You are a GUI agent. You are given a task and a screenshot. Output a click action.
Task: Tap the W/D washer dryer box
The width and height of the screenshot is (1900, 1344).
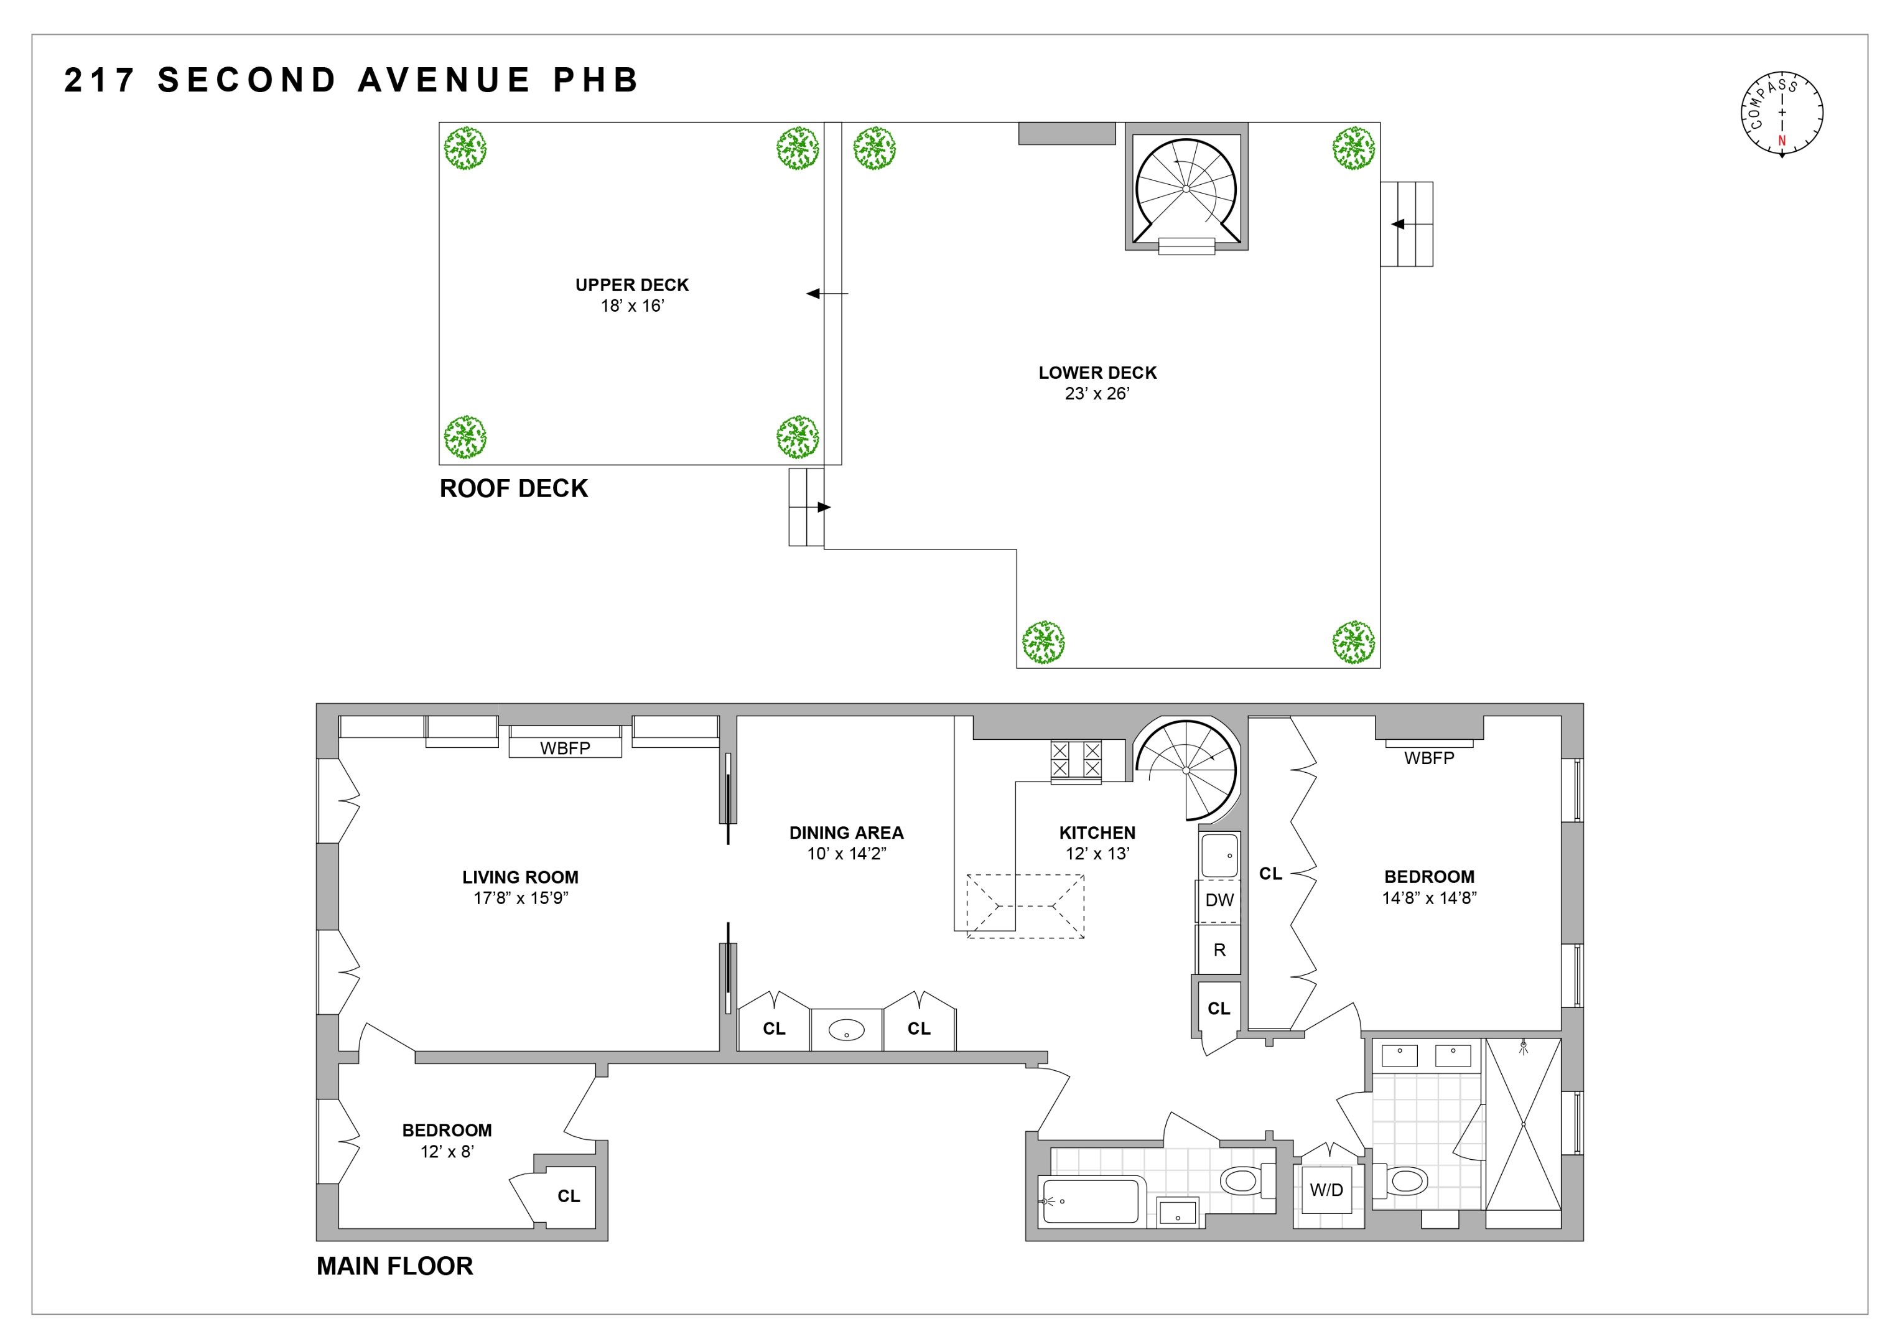(x=1326, y=1190)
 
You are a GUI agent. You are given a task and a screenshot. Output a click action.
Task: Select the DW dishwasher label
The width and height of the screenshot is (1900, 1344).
(x=1219, y=900)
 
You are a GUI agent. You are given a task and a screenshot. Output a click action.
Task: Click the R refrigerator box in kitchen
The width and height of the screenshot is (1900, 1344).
(x=1219, y=950)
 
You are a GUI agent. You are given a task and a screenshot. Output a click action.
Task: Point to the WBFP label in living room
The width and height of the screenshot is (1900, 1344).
(x=565, y=748)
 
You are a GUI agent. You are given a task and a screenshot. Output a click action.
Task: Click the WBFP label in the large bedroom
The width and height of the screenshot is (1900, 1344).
(x=1428, y=758)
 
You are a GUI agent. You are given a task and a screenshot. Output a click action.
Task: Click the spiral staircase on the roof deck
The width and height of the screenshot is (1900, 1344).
(x=1186, y=189)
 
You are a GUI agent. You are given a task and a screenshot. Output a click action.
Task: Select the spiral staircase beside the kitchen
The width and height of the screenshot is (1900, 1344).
(x=1186, y=770)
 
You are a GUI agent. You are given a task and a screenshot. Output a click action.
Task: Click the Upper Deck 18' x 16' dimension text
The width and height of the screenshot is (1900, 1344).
(x=632, y=306)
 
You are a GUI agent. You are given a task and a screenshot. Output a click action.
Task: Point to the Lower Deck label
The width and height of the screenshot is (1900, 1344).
(x=1097, y=373)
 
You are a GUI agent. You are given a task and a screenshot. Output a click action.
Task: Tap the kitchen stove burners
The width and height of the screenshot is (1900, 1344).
(x=1076, y=760)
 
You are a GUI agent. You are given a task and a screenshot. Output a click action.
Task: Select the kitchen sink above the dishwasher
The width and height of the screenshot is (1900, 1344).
(x=1219, y=856)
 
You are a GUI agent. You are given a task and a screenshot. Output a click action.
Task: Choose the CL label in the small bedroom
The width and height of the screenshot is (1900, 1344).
(x=569, y=1196)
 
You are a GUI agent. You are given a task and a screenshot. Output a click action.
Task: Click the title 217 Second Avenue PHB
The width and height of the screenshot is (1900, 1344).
(x=352, y=80)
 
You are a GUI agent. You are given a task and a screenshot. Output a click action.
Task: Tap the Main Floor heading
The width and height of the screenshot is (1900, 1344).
(x=394, y=1266)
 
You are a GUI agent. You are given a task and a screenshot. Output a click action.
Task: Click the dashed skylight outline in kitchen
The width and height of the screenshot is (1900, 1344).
(x=1025, y=906)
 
